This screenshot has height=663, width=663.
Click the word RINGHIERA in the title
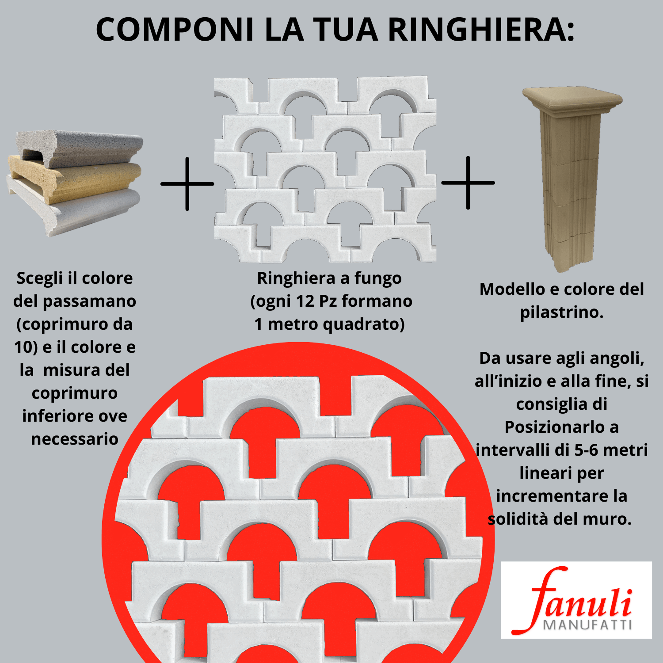point(481,30)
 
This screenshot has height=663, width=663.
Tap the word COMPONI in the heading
point(175,30)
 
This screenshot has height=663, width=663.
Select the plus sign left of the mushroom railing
point(187,183)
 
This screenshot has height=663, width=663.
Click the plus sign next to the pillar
point(468,182)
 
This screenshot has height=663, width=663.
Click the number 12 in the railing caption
point(305,301)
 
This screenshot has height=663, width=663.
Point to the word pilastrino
point(561,312)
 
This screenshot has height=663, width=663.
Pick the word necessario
point(75,439)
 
